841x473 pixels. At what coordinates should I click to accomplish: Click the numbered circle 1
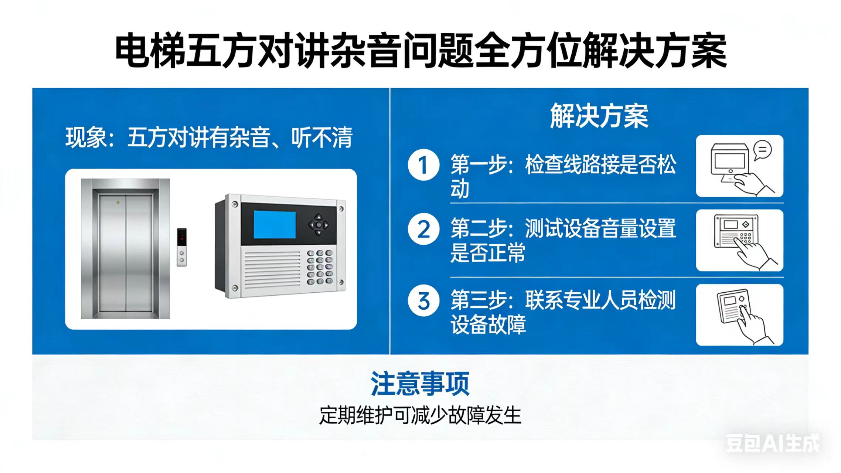(x=423, y=165)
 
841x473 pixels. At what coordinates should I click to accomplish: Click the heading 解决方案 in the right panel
(x=599, y=116)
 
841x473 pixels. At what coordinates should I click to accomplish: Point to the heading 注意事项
(x=420, y=384)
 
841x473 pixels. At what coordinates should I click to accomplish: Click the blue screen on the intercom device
(x=275, y=225)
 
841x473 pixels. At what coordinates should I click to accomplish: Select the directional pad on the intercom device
(x=319, y=224)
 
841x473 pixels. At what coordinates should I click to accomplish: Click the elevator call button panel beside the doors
(x=181, y=247)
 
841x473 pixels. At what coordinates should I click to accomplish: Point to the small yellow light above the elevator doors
(x=118, y=203)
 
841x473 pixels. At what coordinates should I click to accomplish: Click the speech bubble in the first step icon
(x=762, y=150)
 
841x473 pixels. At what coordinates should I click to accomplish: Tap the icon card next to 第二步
(x=739, y=240)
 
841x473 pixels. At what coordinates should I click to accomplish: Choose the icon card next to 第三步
(x=739, y=315)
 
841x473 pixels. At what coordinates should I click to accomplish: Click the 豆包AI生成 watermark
(x=773, y=443)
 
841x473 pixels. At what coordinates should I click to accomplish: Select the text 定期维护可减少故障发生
(x=420, y=415)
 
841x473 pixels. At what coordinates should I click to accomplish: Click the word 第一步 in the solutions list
(x=478, y=164)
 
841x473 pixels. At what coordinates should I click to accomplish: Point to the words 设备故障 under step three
(x=488, y=324)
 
